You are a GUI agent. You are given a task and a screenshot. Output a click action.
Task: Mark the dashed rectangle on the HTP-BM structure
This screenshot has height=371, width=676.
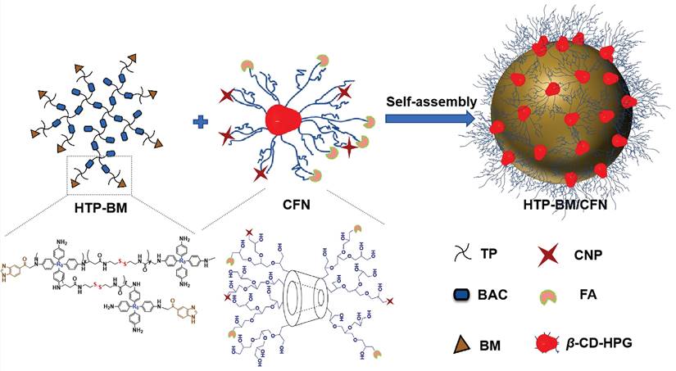coord(98,170)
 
